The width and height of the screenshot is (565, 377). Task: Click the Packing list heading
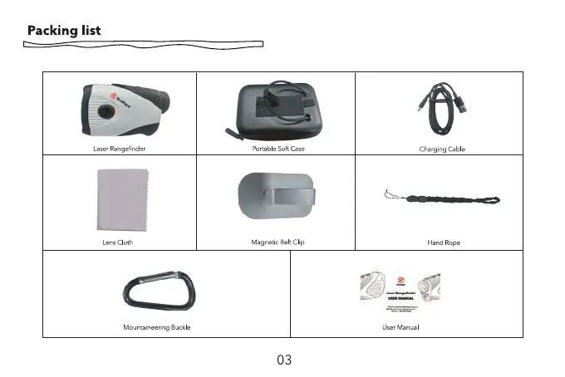[64, 31]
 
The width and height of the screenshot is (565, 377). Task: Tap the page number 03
[284, 360]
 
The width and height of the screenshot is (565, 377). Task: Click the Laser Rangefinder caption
[120, 149]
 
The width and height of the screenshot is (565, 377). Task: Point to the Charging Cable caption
[442, 149]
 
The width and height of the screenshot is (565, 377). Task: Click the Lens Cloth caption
[117, 242]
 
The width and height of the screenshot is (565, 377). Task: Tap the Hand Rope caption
[443, 242]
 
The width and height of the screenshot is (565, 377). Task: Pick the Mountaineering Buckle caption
[157, 327]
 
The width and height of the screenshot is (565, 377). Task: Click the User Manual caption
[400, 327]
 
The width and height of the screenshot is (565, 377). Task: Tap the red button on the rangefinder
[105, 110]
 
